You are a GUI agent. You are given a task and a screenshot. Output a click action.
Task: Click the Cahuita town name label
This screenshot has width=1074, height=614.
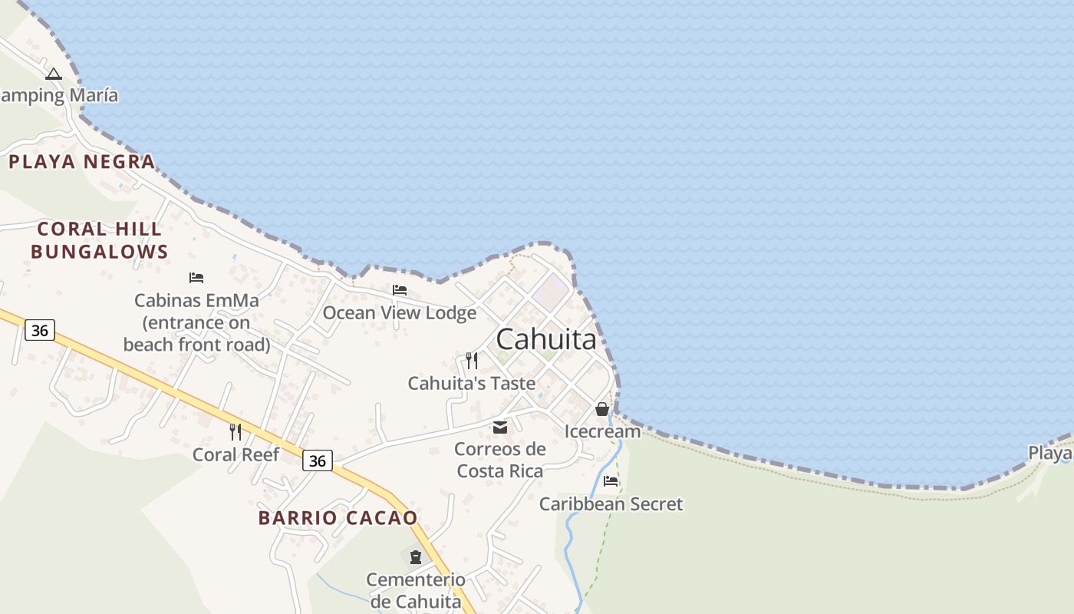coord(546,339)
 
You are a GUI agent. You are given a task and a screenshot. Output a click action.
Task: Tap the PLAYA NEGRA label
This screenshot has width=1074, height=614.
coord(82,162)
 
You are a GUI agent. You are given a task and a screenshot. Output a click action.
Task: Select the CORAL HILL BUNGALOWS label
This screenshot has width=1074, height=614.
coord(99,240)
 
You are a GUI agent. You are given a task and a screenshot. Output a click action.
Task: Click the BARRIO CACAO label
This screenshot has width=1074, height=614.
coord(338,518)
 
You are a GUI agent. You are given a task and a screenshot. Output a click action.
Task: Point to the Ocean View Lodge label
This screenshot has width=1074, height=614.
coord(399,313)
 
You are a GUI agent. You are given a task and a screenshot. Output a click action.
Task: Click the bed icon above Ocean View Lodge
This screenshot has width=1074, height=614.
coord(400,290)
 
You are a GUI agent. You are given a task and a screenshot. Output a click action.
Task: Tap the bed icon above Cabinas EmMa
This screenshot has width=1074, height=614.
coord(196,278)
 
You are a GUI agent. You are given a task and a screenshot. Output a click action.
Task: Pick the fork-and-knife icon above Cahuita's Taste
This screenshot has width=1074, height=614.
coord(472,360)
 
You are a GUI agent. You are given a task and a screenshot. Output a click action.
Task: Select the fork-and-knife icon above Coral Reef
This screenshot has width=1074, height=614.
coord(236,432)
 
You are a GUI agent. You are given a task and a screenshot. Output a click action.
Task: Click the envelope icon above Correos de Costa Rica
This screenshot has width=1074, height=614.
coord(500,427)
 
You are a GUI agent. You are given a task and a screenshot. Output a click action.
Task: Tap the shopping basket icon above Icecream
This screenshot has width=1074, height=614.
coord(602,409)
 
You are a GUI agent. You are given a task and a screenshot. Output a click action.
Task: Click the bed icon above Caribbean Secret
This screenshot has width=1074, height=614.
coord(611,481)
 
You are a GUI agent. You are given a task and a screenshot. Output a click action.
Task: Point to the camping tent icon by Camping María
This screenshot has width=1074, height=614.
coord(53,74)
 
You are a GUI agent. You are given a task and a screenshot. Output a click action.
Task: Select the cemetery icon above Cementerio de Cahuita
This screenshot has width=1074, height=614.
coord(415,556)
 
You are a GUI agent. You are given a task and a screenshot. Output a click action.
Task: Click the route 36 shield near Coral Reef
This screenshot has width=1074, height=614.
coord(318,460)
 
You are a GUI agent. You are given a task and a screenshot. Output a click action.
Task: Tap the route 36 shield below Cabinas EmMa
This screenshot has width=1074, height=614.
coord(40,331)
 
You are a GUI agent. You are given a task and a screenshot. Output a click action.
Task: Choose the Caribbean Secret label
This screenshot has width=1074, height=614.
coord(611,504)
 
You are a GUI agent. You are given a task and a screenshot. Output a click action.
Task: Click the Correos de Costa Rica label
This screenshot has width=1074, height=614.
coord(500,460)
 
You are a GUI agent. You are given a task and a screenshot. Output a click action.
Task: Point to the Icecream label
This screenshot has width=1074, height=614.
coord(602,431)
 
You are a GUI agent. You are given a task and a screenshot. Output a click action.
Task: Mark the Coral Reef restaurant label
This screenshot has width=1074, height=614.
coord(236,454)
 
